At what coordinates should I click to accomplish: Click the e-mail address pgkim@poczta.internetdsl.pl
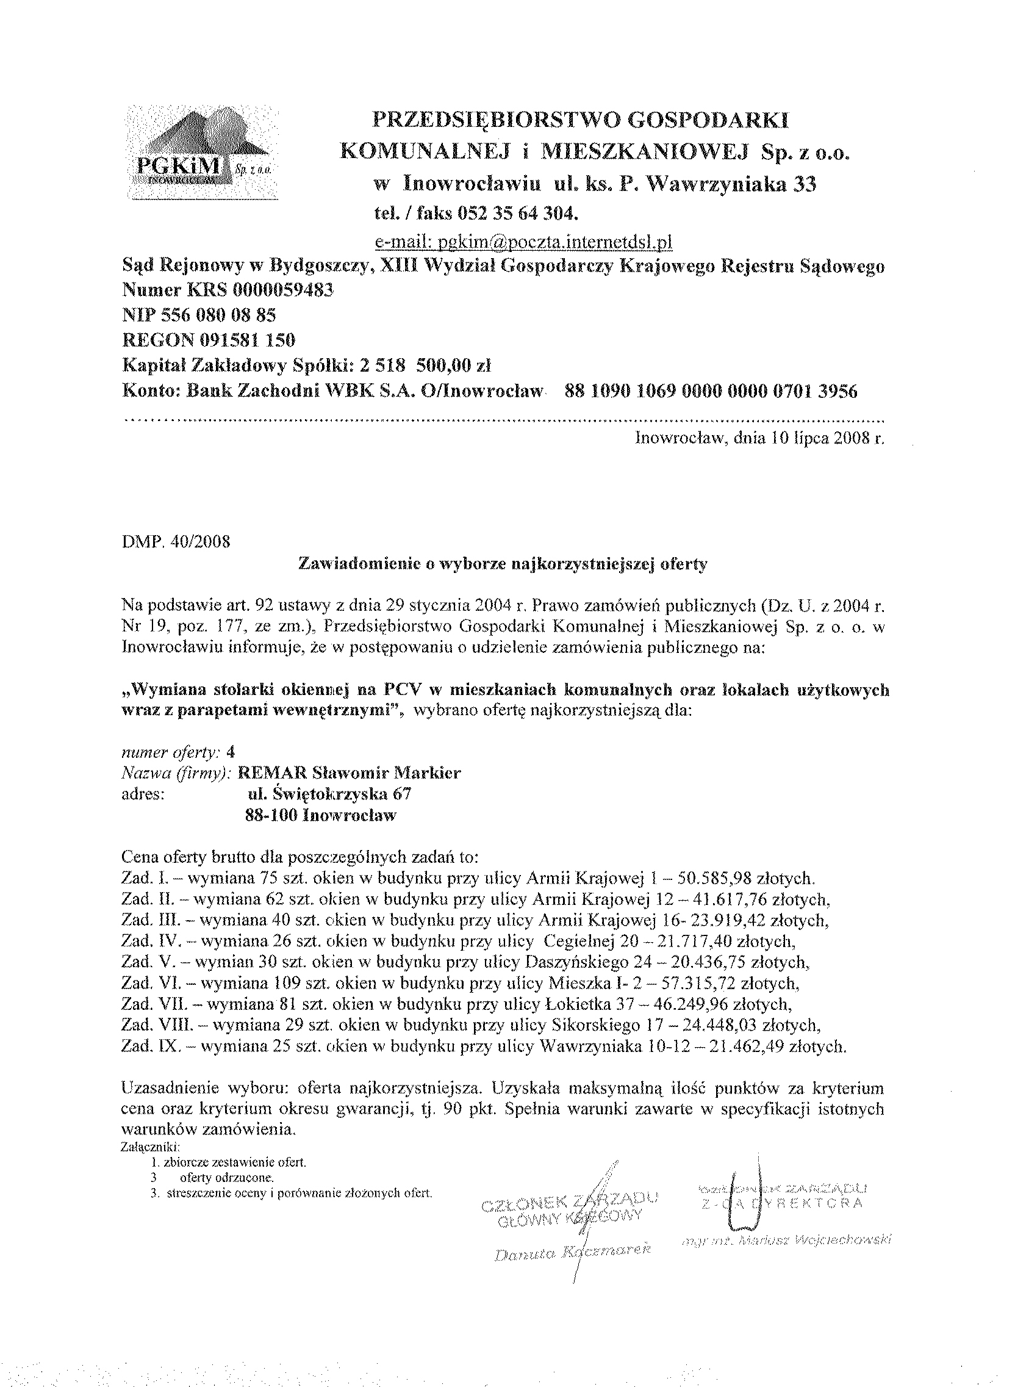[523, 243]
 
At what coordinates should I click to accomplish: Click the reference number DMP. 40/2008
[176, 542]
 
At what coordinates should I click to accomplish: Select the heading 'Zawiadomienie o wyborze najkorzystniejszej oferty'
[502, 564]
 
